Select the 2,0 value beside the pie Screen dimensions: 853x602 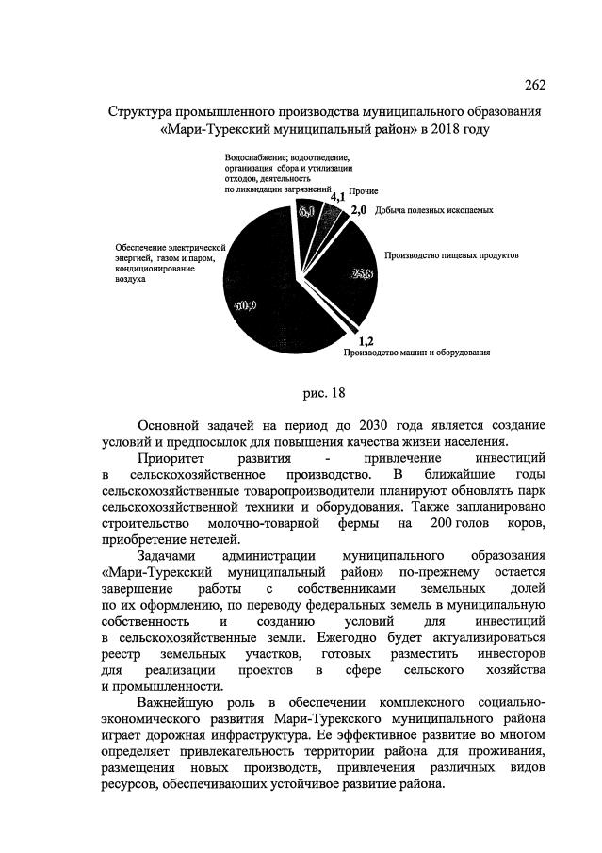[358, 211]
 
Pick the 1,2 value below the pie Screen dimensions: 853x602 [366, 341]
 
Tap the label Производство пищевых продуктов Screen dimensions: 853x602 [452, 255]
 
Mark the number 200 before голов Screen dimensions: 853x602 [440, 522]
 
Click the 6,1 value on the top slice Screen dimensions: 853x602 [308, 213]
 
